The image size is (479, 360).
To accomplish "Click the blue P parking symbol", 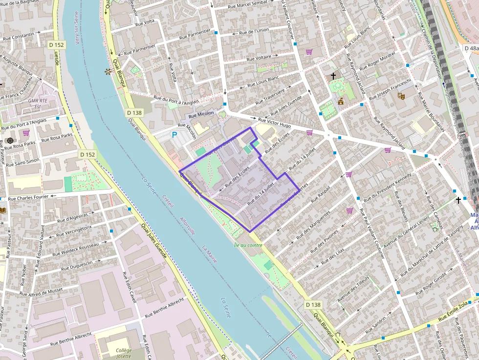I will [174, 135].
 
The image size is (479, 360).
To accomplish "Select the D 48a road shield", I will [471, 48].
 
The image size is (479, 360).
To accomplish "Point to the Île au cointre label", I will [248, 245].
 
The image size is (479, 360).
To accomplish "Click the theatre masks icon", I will [401, 96].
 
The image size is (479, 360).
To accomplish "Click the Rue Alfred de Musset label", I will [42, 291].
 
